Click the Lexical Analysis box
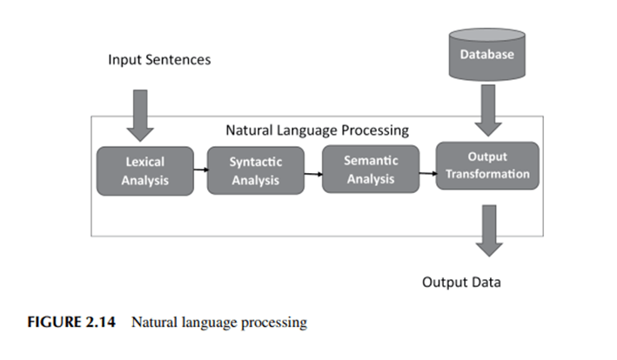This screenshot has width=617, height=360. (144, 170)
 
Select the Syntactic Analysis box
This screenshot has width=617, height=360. (256, 171)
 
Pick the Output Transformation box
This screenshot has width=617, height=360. (486, 166)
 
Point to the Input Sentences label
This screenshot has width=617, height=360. (159, 60)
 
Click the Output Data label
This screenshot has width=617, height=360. (461, 283)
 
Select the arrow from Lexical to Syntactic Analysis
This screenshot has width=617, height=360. (200, 170)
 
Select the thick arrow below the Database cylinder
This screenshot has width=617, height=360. (487, 112)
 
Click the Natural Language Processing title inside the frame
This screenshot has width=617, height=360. (317, 131)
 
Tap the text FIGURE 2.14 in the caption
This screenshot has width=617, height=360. (70, 323)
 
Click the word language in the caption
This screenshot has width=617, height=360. (213, 323)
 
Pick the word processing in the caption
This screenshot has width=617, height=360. (276, 324)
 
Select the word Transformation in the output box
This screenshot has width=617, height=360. (486, 174)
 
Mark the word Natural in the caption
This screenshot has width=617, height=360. (157, 323)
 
